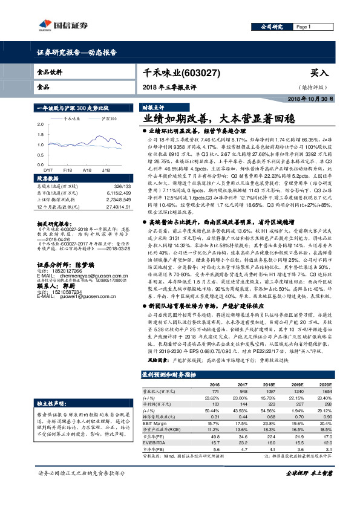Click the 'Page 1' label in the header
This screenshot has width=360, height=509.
pos(303,27)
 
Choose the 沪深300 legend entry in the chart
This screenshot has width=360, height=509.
pos(108,119)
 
